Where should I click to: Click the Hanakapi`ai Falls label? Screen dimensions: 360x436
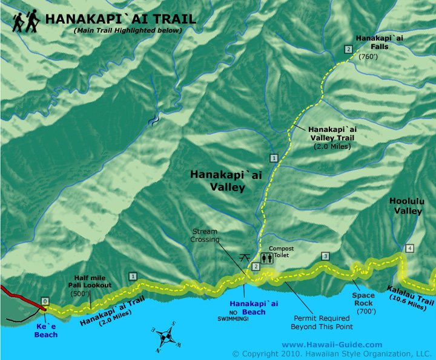pos(375,42)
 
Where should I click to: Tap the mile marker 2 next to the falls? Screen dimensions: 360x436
pos(348,50)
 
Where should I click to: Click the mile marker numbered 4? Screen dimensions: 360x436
pos(410,248)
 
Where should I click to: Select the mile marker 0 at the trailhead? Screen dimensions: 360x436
pos(44,300)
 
